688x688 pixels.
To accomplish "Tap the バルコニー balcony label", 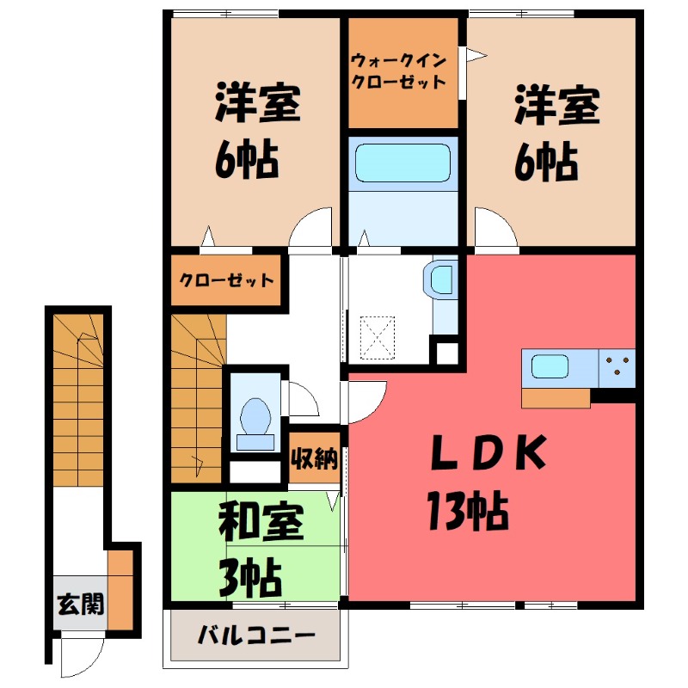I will [x=256, y=638].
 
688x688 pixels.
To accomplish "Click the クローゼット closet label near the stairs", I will [x=227, y=280].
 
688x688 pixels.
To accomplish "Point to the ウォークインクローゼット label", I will [x=397, y=72].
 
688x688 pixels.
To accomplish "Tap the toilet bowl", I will [x=255, y=418].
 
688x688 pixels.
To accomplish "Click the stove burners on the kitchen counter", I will [x=617, y=367].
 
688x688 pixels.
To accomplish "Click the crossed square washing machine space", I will [x=378, y=336].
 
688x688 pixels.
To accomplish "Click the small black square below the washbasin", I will [x=446, y=353].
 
